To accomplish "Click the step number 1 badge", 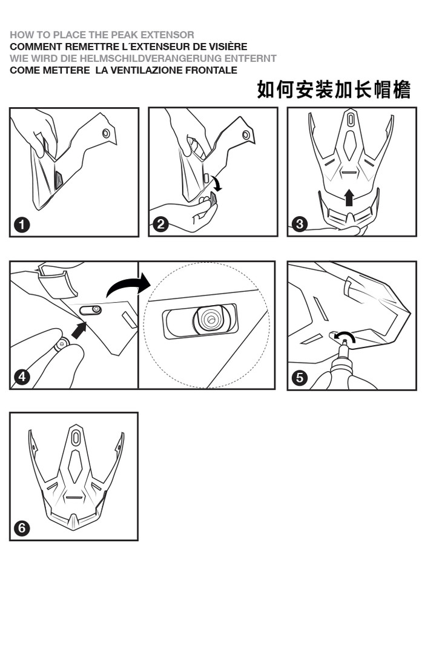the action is point(22,225).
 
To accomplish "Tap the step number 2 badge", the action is point(160,225).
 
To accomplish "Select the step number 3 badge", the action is point(299,224).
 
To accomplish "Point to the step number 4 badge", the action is point(22,377).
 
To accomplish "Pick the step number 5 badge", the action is point(299,378).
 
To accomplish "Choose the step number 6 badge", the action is point(22,528).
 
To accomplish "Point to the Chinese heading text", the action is point(334,90).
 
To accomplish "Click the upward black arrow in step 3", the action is point(349,197).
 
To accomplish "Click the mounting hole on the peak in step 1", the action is point(106,133).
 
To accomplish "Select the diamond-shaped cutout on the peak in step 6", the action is point(75,467).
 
